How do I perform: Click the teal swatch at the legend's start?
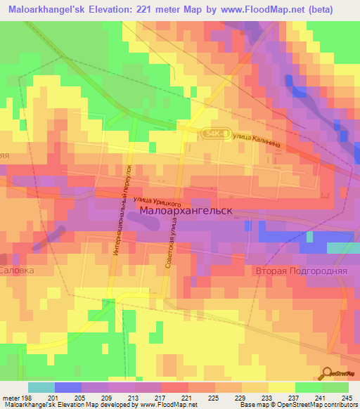click(41, 387)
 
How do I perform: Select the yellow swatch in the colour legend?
click(282, 387)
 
